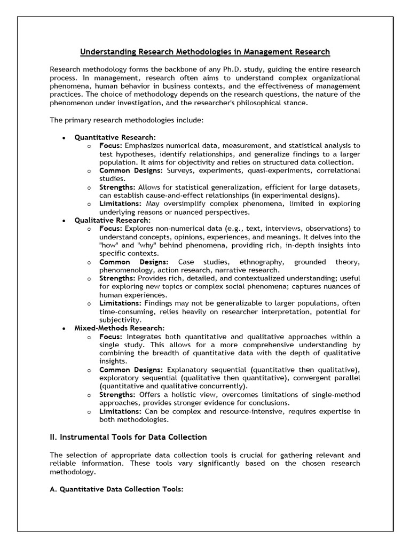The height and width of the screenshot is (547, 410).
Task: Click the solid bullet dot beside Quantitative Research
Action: (64, 138)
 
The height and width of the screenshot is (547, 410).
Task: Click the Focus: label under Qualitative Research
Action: (111, 229)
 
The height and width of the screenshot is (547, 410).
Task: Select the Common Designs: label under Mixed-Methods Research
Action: (131, 370)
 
